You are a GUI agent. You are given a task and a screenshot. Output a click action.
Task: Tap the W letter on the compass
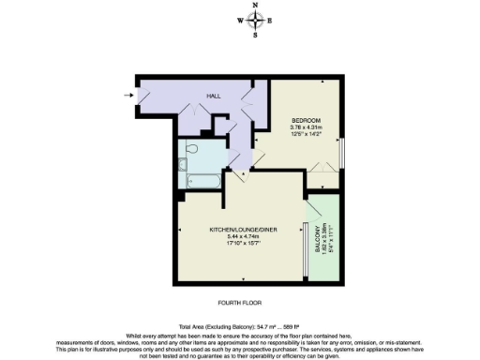[241, 21]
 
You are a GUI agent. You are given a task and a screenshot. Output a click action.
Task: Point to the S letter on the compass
[256, 36]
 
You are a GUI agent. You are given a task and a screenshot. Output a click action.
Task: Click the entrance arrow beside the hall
[128, 94]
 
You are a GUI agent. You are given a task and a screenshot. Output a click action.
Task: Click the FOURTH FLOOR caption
[239, 303]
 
